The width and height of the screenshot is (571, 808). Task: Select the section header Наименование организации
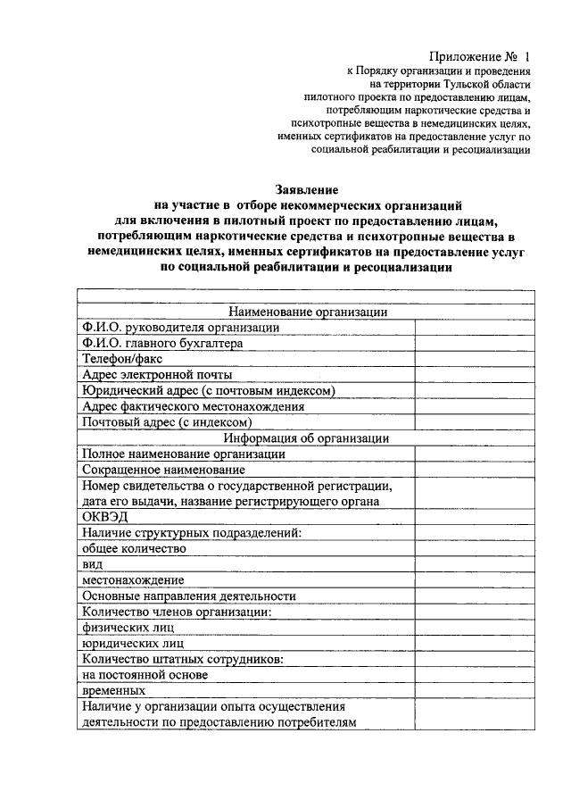point(308,312)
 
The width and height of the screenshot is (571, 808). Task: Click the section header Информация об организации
point(308,437)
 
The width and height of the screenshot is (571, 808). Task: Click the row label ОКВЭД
point(105,517)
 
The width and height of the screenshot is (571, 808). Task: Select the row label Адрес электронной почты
point(157,375)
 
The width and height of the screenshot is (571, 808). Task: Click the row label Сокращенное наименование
point(163,469)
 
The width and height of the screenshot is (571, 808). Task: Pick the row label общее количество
point(133,548)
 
